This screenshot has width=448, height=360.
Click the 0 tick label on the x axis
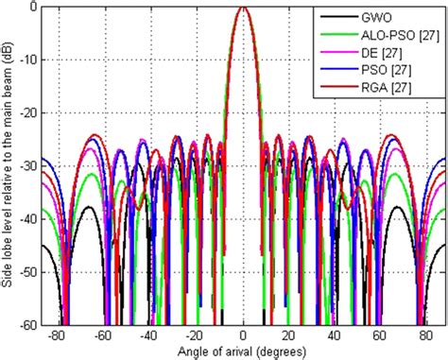click(x=244, y=334)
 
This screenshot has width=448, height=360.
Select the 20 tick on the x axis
click(x=288, y=334)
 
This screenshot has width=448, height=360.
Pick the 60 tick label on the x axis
click(x=378, y=334)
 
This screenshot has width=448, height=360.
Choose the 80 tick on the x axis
click(x=423, y=334)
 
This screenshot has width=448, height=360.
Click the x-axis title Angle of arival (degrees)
click(x=244, y=351)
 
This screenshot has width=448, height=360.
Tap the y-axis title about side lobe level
click(x=9, y=165)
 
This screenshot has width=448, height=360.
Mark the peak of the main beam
click(x=244, y=8)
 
